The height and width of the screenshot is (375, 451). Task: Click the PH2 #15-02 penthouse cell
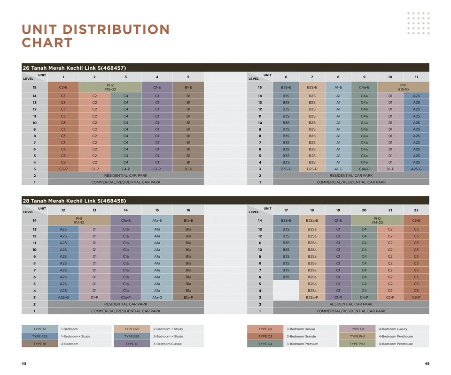110,87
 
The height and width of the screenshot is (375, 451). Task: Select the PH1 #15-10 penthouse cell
403,87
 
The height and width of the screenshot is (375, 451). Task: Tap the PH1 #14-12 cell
79,220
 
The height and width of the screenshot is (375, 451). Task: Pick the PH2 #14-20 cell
377,220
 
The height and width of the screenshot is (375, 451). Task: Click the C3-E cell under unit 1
63,87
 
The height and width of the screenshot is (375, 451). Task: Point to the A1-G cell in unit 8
338,169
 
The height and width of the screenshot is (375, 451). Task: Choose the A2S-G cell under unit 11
416,169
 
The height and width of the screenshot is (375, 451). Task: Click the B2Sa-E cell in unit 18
312,220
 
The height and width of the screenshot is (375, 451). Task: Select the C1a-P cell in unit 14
126,298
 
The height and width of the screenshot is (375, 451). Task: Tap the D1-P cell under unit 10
390,169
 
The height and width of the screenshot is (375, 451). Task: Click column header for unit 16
188,210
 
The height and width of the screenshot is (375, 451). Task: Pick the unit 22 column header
416,210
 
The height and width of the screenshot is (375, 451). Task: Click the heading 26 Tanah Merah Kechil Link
74,68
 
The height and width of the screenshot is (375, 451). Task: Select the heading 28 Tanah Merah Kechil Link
74,201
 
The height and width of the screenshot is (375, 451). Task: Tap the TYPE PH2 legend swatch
357,344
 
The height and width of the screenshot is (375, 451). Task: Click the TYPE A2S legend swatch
39,336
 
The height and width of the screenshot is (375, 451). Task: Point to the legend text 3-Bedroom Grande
301,336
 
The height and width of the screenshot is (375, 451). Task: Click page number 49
427,364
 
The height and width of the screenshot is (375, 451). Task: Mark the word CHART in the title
47,43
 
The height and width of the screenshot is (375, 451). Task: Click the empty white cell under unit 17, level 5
286,284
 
